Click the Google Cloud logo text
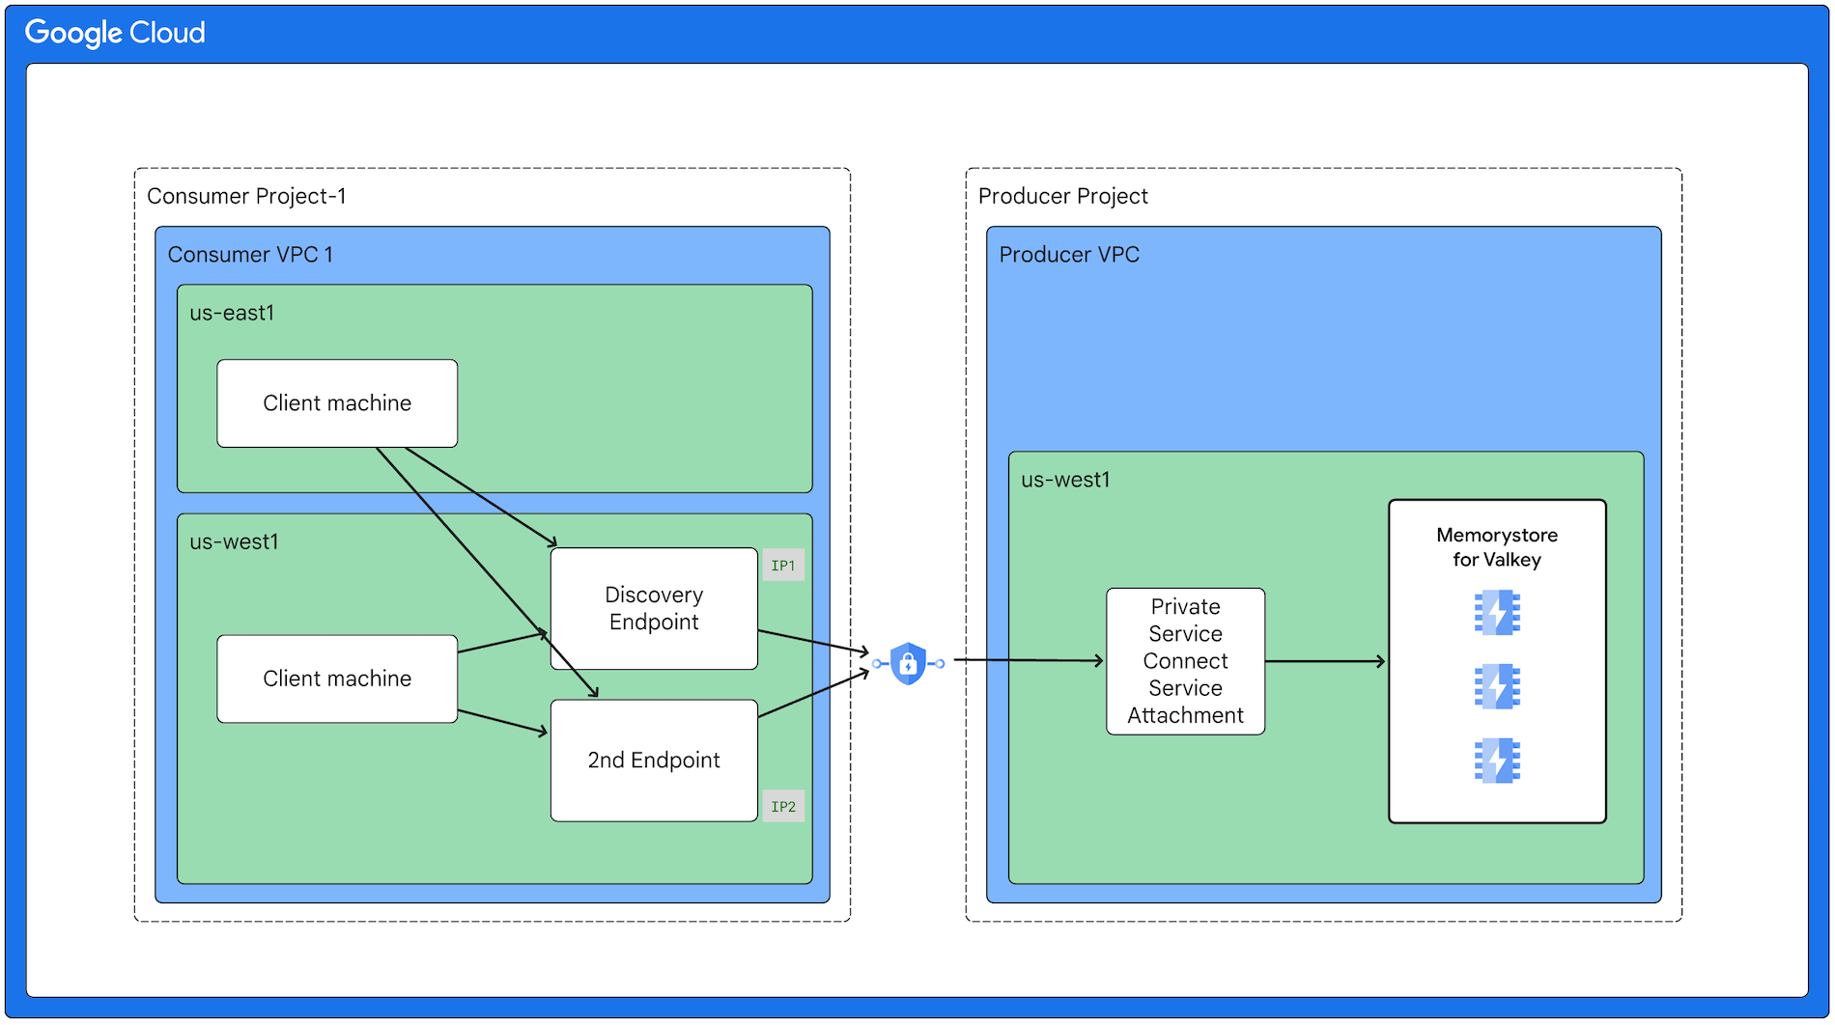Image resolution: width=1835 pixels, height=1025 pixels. [x=115, y=33]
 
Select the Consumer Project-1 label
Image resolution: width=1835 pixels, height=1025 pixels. [x=246, y=196]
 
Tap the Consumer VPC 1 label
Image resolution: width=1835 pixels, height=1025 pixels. [x=250, y=255]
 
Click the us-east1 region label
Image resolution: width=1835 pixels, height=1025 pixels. [x=232, y=313]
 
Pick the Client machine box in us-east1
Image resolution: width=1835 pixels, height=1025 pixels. [x=337, y=403]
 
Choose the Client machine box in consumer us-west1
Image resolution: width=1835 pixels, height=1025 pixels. [x=337, y=679]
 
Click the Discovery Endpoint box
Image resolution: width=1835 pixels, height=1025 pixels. [x=654, y=609]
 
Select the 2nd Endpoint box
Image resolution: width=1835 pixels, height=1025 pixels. [x=654, y=761]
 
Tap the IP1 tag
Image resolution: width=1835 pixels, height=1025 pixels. [x=783, y=566]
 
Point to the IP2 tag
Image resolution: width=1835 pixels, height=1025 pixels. [x=783, y=807]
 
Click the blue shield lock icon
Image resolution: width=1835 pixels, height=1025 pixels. [x=908, y=663]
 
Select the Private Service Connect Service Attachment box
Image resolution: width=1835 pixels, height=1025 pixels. [x=1185, y=661]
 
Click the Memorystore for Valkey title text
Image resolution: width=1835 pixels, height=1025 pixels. [x=1497, y=547]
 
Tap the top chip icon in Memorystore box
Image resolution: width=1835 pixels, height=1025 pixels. [x=1497, y=613]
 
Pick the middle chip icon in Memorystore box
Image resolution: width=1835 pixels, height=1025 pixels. [x=1497, y=686]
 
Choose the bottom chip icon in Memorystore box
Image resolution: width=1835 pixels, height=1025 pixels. [x=1497, y=761]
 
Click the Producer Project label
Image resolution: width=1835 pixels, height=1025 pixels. [x=1062, y=196]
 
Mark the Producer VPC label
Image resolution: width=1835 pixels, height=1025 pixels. [x=1069, y=255]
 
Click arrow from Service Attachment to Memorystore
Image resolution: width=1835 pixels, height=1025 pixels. [x=1325, y=661]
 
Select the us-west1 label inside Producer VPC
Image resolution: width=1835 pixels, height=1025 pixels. [x=1065, y=480]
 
